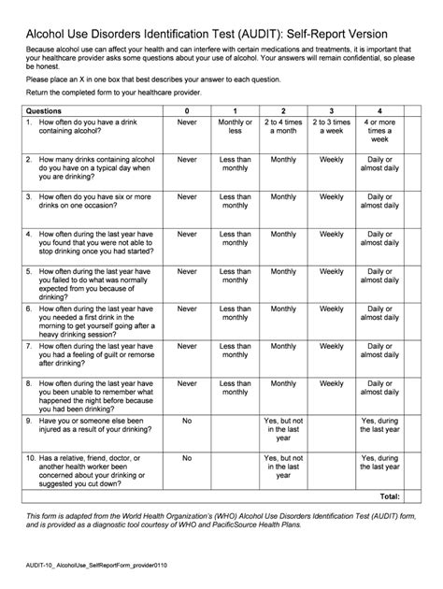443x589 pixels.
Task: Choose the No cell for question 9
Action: [187, 421]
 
